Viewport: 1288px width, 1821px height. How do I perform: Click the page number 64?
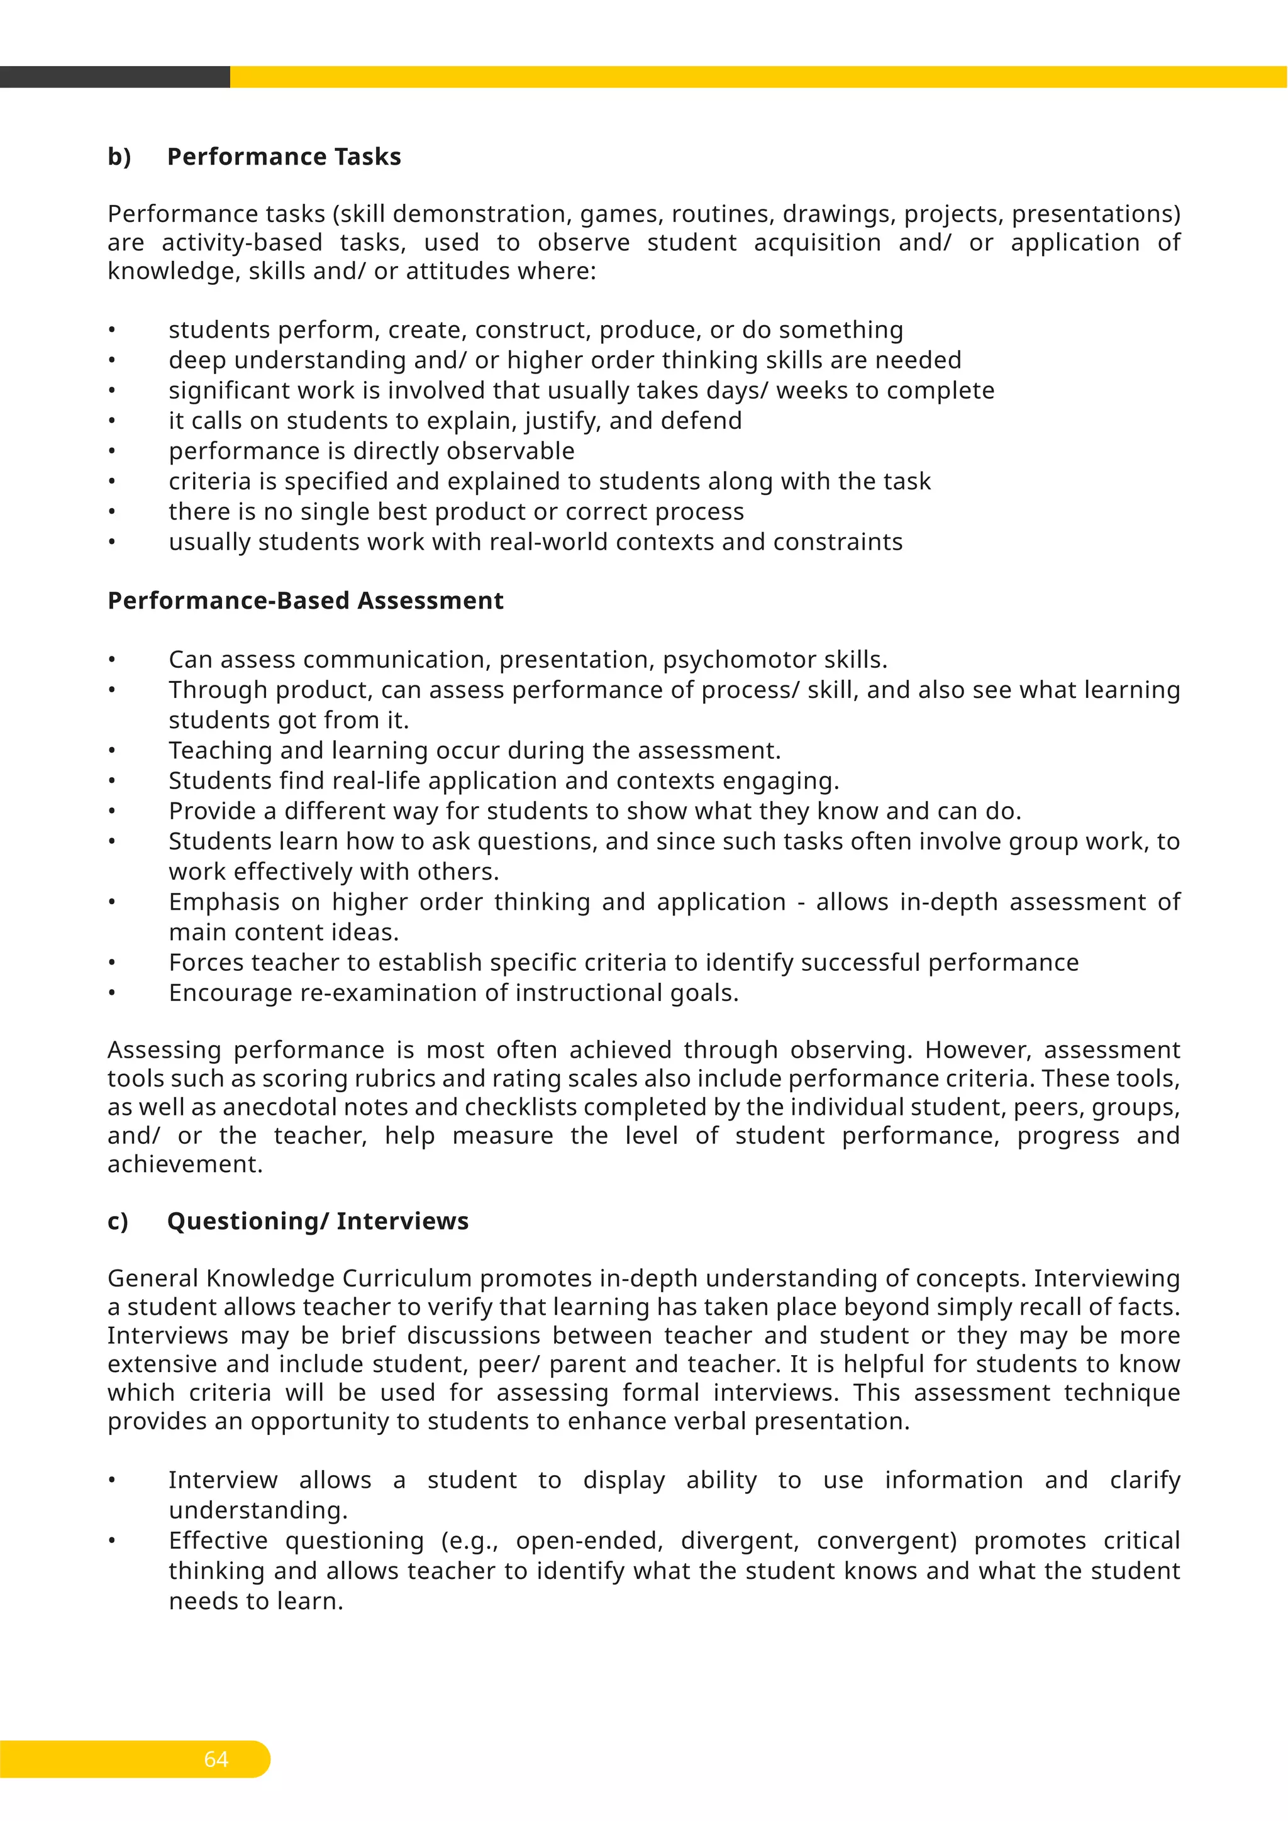point(216,1759)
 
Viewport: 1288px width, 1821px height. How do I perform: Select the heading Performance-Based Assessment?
point(306,601)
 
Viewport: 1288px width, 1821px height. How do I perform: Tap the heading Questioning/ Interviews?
point(317,1220)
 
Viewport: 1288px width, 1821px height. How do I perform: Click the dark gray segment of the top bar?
point(114,77)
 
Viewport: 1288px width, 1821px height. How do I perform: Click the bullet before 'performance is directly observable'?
point(113,451)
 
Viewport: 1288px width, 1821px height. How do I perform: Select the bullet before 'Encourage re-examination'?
point(113,993)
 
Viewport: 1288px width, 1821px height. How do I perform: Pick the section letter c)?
point(118,1220)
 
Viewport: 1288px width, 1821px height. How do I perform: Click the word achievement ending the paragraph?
point(184,1165)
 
